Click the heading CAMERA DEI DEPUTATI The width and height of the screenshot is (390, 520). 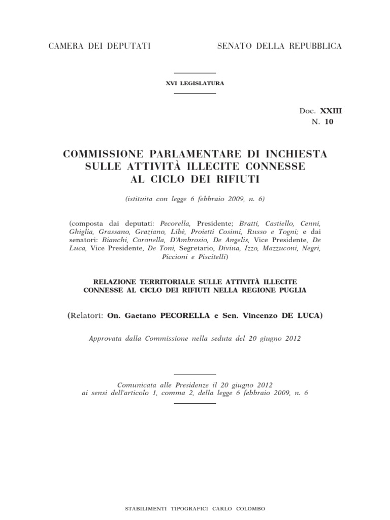point(100,46)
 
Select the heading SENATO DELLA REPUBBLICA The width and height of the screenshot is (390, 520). point(279,46)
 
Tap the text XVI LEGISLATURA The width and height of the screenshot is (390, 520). point(195,83)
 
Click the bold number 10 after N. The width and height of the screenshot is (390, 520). point(330,121)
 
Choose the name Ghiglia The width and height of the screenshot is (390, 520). point(80,232)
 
